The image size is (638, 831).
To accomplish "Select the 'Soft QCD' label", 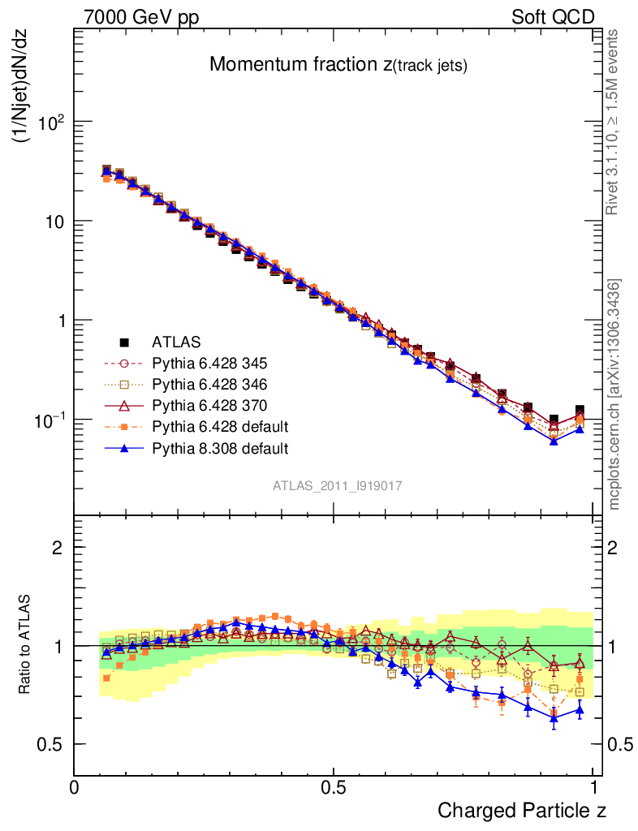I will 553,16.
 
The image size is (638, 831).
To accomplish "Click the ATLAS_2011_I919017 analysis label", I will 338,485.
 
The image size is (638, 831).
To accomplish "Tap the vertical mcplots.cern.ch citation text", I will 614,394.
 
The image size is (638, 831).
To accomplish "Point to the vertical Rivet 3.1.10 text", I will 614,122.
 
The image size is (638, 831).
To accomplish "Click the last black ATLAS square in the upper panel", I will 579,411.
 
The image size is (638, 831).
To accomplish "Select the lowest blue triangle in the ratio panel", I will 554,718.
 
